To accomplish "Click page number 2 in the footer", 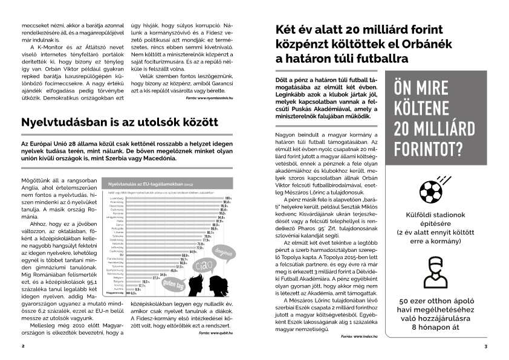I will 22,346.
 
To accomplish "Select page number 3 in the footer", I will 486,346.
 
